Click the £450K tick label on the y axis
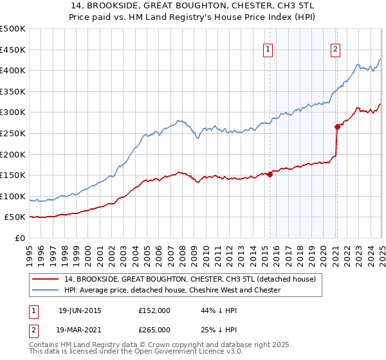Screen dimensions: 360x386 pos(14,50)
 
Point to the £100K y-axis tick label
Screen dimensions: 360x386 pos(14,196)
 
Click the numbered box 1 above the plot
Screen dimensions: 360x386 pos(268,48)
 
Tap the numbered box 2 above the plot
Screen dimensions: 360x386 pos(336,48)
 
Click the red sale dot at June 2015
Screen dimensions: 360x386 pos(270,174)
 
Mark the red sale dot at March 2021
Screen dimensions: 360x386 pos(337,127)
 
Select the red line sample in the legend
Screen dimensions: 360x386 pos(45,279)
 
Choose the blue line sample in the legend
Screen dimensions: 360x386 pos(45,290)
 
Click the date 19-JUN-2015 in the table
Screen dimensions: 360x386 pos(80,310)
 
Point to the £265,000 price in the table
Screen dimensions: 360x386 pos(154,329)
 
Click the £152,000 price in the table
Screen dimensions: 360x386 pos(154,310)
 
